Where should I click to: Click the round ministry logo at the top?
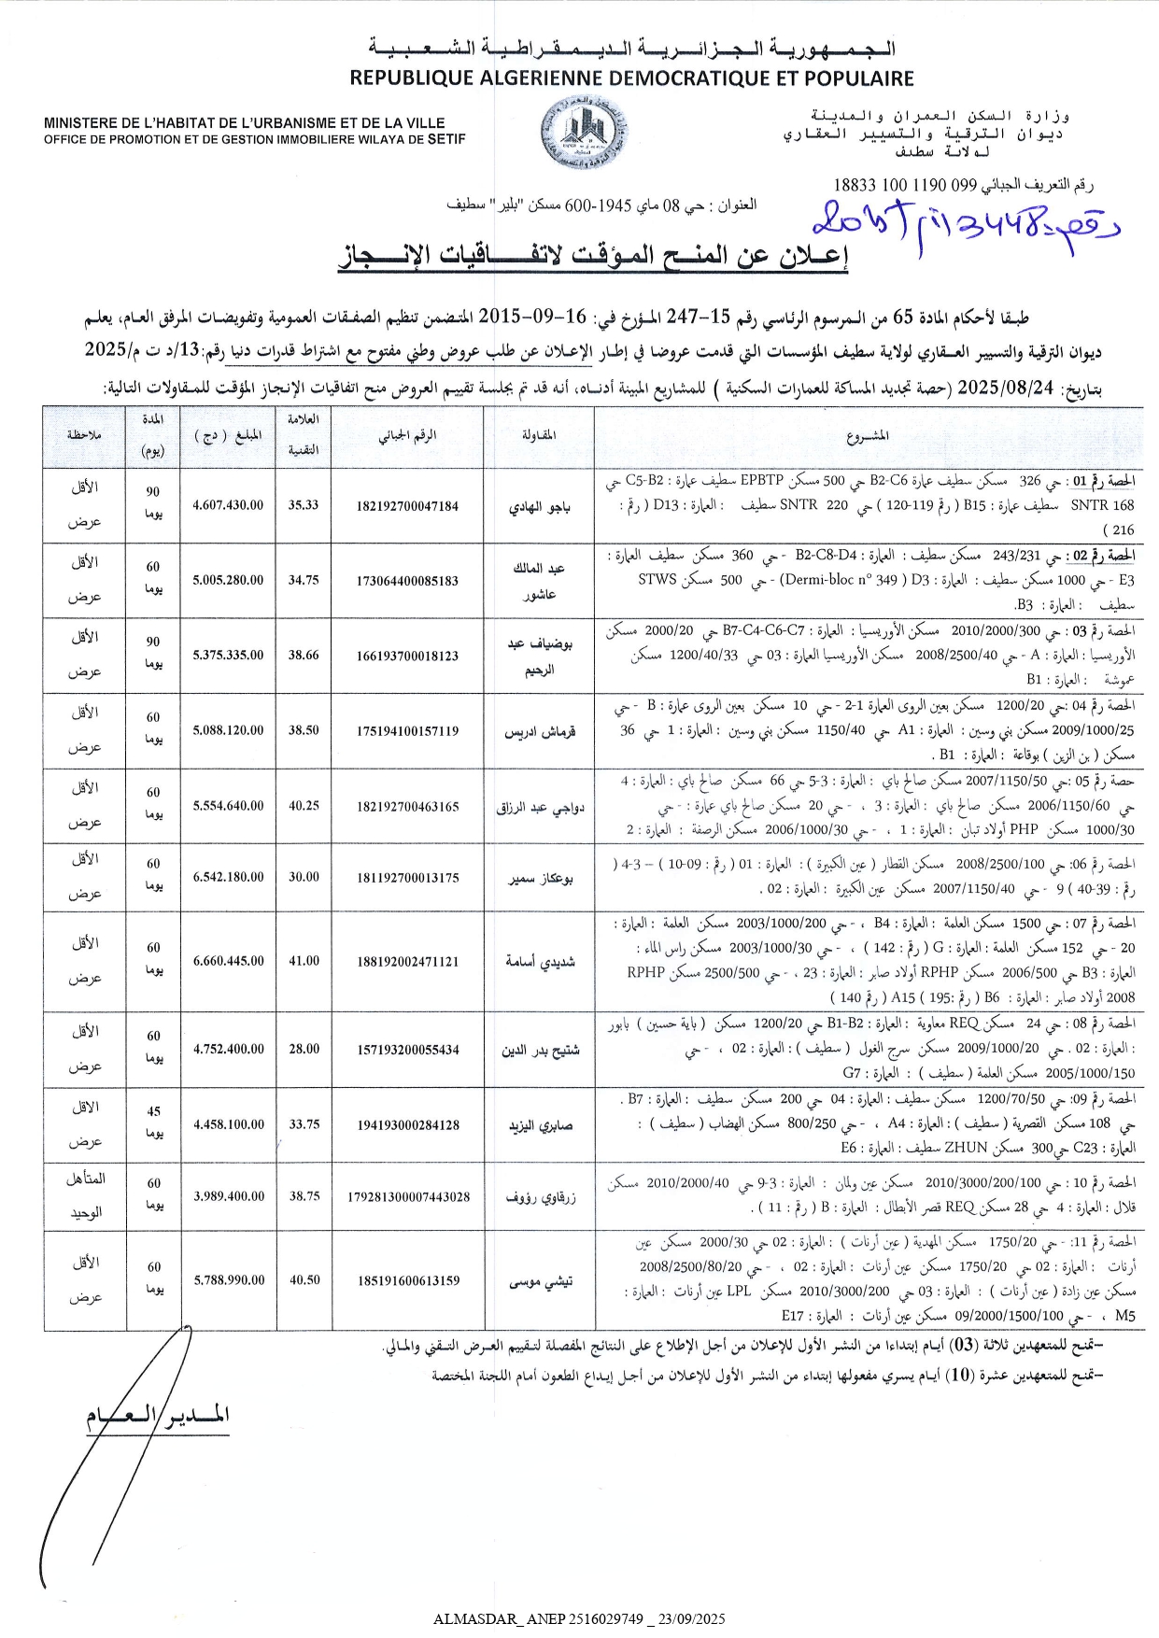tap(586, 134)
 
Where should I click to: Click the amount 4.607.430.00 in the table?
tap(228, 505)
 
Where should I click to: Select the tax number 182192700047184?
tap(407, 506)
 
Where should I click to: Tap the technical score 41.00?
tap(304, 960)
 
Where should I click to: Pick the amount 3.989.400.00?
tap(229, 1195)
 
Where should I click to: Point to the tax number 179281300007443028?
tap(408, 1196)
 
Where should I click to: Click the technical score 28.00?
tap(304, 1049)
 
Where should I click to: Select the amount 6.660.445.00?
tap(229, 960)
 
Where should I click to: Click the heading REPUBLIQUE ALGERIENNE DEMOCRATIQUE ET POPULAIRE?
tap(631, 78)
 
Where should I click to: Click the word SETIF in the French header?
tap(445, 139)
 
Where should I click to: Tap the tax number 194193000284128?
tap(408, 1125)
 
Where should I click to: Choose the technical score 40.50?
tap(304, 1279)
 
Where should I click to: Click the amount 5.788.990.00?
tap(229, 1279)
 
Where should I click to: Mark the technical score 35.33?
tap(303, 505)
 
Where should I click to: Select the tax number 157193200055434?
tap(408, 1050)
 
